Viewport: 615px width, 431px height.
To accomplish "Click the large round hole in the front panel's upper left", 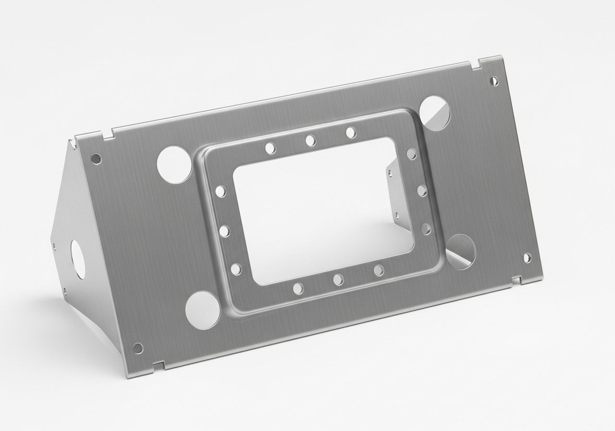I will pyautogui.click(x=174, y=164).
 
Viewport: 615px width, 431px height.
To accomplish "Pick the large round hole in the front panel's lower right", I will pyautogui.click(x=460, y=252).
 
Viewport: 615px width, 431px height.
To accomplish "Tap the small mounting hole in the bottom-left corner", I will pyautogui.click(x=137, y=347).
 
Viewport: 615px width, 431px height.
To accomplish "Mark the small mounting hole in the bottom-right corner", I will pyautogui.click(x=527, y=257).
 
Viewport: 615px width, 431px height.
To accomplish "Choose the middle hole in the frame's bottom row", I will pyautogui.click(x=338, y=279).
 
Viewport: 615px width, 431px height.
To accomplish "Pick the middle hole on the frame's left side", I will pyautogui.click(x=224, y=231).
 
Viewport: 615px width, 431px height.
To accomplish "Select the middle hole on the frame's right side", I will pyautogui.click(x=421, y=190).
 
